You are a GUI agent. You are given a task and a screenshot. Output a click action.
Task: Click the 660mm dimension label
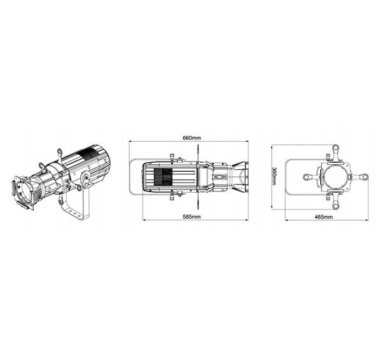[192, 138]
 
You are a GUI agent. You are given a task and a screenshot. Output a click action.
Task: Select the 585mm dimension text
[192, 217]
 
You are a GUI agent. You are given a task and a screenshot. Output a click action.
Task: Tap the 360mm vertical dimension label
[274, 176]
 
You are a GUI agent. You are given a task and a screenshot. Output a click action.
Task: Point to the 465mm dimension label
[323, 217]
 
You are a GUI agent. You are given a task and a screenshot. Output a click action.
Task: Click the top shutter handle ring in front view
[336, 148]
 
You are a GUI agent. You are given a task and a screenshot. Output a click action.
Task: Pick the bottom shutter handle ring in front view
[336, 206]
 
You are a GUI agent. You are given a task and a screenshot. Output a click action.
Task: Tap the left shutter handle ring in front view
[306, 177]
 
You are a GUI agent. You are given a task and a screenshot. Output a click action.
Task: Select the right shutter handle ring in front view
[364, 177]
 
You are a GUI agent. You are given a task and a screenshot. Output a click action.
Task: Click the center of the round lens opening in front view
[336, 177]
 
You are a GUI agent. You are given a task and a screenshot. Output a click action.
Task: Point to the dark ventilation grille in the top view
[163, 177]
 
